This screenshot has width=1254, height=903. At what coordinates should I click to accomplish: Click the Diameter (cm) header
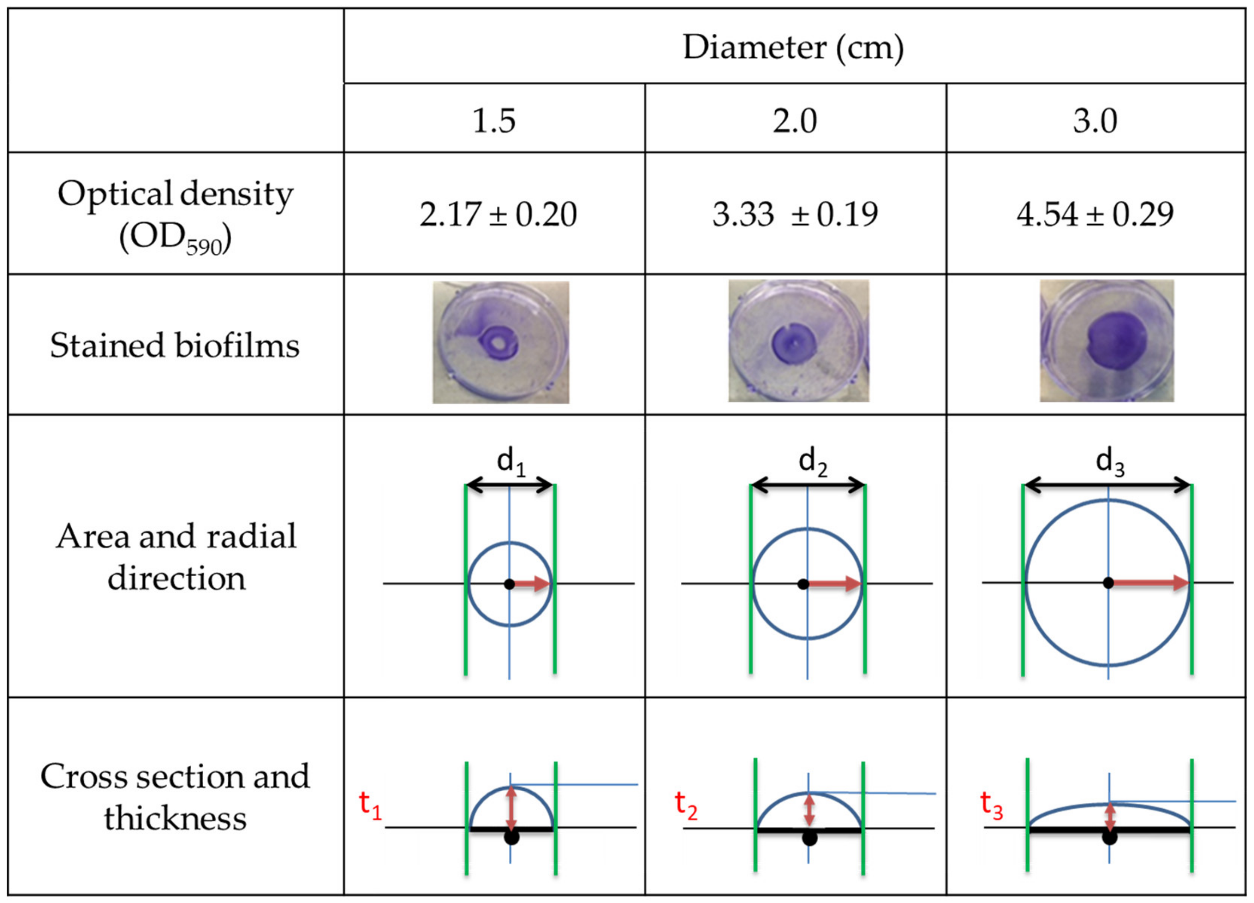click(x=793, y=48)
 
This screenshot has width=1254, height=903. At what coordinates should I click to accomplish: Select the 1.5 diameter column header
click(x=494, y=121)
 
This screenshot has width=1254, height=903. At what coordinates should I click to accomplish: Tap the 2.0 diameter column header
click(x=795, y=121)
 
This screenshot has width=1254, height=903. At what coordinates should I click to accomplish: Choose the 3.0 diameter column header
click(x=1095, y=121)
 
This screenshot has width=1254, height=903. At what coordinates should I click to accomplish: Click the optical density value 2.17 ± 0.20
click(x=498, y=215)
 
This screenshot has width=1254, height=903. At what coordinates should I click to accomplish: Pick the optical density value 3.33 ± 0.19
click(x=795, y=215)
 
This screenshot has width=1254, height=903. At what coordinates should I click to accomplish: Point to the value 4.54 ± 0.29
click(x=1095, y=215)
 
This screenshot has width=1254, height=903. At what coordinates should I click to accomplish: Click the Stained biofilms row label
click(x=175, y=346)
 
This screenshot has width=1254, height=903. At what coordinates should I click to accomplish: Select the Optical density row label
click(x=175, y=216)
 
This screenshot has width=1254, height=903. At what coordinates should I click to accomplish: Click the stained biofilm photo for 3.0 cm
click(x=1106, y=340)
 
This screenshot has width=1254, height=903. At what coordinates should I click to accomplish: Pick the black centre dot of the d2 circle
click(x=803, y=584)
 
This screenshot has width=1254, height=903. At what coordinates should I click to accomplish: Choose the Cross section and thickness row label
click(x=175, y=797)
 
